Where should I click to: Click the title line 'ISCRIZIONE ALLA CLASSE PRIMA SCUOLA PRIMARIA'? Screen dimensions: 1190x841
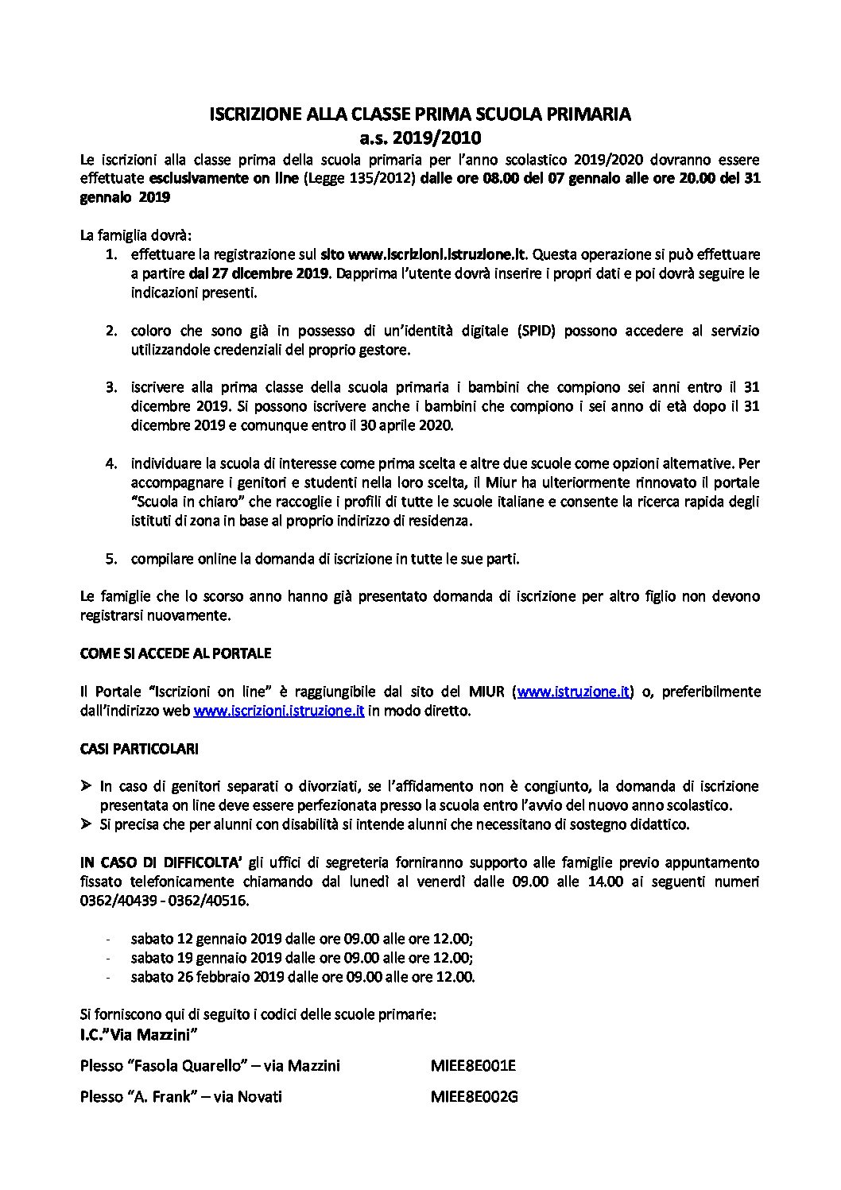[x=420, y=114]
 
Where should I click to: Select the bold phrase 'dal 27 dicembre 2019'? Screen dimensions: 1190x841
[x=259, y=274]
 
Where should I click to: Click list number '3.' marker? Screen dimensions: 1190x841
[x=112, y=388]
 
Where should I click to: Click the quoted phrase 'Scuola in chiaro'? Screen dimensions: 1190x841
[x=181, y=502]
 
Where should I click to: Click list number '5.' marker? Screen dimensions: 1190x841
[x=112, y=559]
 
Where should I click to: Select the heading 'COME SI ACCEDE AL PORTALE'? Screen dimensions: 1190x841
[x=176, y=653]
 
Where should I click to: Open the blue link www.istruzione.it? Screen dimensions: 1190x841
[x=574, y=692]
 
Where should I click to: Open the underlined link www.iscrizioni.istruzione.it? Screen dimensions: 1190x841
[x=279, y=711]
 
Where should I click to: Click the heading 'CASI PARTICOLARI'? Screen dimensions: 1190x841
[x=139, y=749]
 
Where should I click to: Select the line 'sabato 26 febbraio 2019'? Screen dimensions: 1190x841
[x=302, y=977]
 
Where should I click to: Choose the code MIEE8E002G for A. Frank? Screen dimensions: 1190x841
[x=474, y=1097]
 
